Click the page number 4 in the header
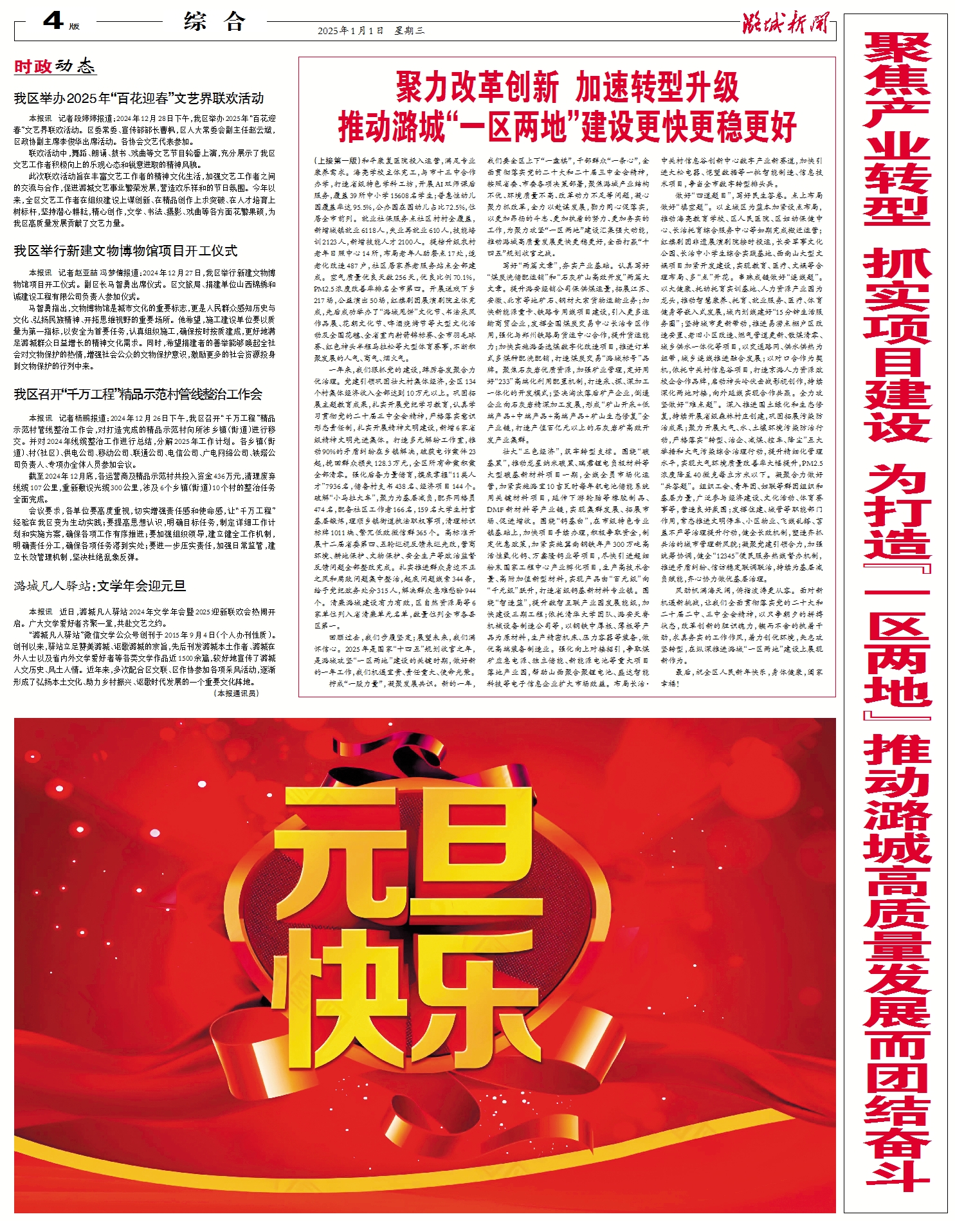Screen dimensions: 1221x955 click(x=53, y=21)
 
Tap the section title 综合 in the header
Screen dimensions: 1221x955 click(x=215, y=22)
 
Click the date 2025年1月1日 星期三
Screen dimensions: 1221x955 click(x=370, y=30)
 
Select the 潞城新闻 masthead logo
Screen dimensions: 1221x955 click(x=785, y=24)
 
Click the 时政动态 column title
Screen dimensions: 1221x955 click(x=55, y=66)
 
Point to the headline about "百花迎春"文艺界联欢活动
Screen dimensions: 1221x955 click(x=139, y=98)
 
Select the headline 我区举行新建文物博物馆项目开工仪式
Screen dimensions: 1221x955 click(x=125, y=251)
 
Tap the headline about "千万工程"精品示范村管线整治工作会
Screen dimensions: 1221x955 click(x=138, y=394)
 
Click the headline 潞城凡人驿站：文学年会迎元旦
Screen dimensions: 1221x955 click(x=100, y=586)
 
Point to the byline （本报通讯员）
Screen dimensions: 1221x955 click(x=236, y=693)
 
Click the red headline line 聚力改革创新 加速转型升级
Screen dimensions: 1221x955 click(x=567, y=87)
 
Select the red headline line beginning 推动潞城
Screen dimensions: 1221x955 click(x=567, y=127)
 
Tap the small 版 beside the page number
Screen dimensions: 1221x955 click(x=74, y=26)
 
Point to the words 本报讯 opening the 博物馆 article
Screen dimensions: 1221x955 click(x=40, y=273)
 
